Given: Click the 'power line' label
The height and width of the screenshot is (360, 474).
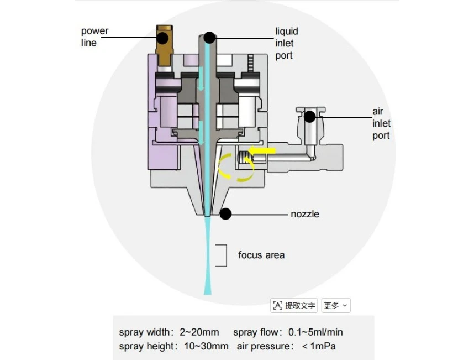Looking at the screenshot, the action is click(x=94, y=36).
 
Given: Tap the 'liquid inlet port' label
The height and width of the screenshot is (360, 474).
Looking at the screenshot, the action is click(x=287, y=43).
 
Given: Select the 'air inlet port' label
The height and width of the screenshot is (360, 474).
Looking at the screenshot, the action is click(x=381, y=123).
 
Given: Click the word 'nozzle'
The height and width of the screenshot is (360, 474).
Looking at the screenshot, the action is click(x=305, y=214).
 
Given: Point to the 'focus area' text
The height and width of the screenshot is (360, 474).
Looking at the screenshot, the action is click(x=261, y=255).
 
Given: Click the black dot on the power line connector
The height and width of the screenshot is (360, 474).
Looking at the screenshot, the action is click(x=162, y=38).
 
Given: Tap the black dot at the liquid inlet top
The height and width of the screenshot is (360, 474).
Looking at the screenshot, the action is click(x=209, y=38).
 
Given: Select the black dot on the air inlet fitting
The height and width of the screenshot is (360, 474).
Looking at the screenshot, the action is click(x=309, y=117).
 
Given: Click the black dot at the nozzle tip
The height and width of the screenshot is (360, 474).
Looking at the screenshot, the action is click(x=225, y=214).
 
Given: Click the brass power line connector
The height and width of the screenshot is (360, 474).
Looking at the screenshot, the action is click(x=165, y=45).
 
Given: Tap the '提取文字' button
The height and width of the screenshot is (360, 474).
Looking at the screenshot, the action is click(x=294, y=306).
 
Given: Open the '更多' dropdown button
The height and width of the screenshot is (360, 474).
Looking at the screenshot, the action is click(x=336, y=306).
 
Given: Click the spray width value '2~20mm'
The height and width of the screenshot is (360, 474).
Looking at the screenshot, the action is click(x=199, y=332).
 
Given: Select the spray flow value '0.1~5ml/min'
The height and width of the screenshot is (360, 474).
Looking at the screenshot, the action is click(x=315, y=332).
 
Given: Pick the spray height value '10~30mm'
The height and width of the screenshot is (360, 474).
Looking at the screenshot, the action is click(x=206, y=346).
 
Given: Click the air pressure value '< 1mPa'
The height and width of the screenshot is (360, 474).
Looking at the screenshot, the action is click(x=319, y=346).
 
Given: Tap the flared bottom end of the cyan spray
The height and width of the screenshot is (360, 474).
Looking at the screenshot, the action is click(x=207, y=290).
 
